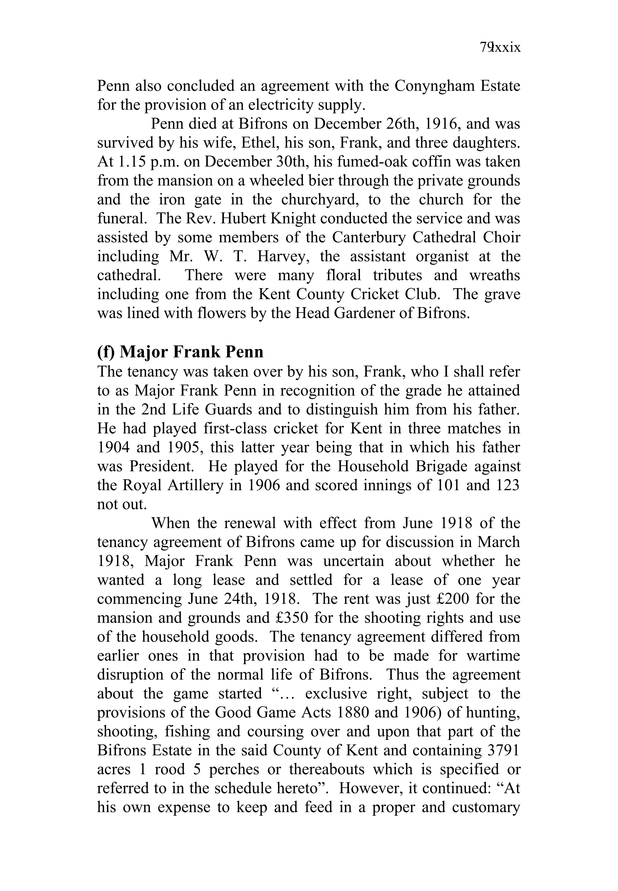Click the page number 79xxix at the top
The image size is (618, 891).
(x=500, y=47)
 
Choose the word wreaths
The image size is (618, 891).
(x=495, y=276)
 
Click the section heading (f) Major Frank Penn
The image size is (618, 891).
(x=180, y=351)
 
